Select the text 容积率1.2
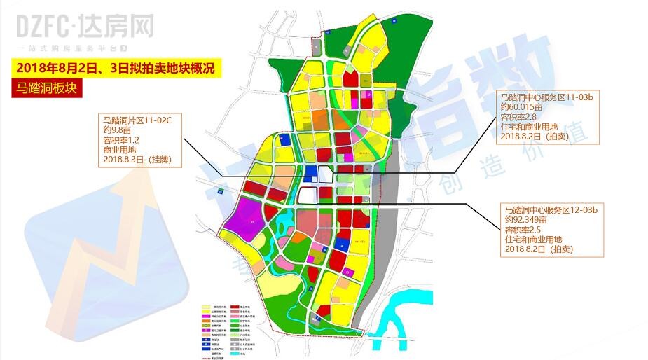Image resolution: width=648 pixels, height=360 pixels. (120, 140)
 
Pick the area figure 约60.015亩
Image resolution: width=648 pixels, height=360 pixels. (523, 107)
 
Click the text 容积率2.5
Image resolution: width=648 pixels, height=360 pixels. (521, 229)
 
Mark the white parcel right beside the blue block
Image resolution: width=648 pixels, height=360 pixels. (326, 175)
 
